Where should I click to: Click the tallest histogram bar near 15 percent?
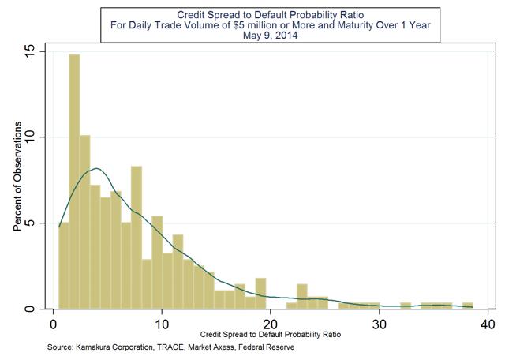pos(74,182)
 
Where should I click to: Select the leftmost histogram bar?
pos(64,265)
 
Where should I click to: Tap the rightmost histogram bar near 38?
pos(468,306)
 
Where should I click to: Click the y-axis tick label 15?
pos(30,51)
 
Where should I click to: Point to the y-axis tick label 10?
pos(30,137)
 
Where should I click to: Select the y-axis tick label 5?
pos(30,223)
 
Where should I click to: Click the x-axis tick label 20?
pos(271,324)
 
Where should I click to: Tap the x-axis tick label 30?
pos(380,324)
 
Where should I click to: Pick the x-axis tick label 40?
pos(488,324)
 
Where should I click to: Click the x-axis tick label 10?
pos(162,324)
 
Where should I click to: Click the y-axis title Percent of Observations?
pos(17,176)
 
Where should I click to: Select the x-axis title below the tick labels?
pos(271,335)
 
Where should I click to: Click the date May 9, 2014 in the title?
pos(270,35)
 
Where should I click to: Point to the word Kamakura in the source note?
pos(92,347)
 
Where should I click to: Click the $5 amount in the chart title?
pos(240,24)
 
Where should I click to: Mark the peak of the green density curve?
pos(96,168)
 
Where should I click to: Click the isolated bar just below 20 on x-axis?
pos(260,293)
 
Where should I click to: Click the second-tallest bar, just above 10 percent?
pos(85,222)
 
